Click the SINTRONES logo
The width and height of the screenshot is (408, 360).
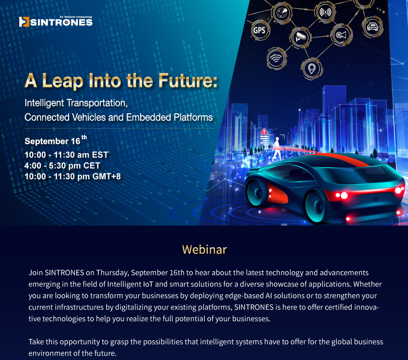tap(56, 21)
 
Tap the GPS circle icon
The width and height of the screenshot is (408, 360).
tap(259, 30)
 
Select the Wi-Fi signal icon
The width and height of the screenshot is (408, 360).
tap(276, 58)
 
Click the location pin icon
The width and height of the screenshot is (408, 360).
tap(312, 69)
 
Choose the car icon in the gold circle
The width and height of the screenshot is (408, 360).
tap(372, 26)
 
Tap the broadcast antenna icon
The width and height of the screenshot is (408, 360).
tap(325, 12)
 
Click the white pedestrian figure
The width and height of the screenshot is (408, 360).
tap(276, 148)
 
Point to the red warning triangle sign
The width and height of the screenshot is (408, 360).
tap(264, 131)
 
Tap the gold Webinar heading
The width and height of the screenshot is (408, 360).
tap(204, 250)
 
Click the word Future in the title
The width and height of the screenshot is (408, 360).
tap(188, 80)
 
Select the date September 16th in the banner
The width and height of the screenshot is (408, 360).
tap(56, 140)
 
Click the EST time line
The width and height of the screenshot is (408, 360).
tap(66, 155)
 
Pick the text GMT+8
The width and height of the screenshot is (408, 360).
tap(107, 176)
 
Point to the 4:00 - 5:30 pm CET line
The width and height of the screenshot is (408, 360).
tap(62, 166)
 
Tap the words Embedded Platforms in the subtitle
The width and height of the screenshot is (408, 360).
tap(169, 117)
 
